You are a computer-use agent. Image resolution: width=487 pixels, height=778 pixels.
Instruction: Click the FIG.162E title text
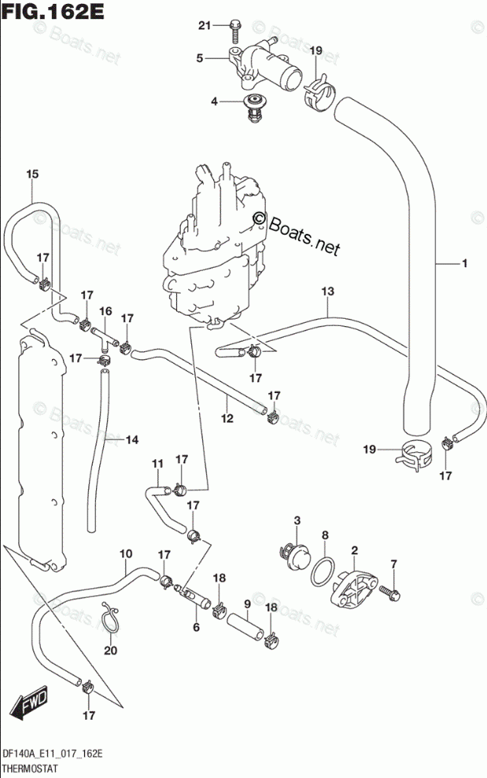[53, 11]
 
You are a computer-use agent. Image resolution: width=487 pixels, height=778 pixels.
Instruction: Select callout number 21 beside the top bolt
[205, 25]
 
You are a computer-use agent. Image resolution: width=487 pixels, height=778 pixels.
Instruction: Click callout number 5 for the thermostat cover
[199, 58]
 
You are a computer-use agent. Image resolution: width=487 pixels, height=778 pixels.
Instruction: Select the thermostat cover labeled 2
[354, 588]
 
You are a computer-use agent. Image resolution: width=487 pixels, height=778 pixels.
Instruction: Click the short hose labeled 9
[245, 627]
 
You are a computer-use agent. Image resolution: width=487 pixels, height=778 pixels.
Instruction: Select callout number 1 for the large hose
[465, 264]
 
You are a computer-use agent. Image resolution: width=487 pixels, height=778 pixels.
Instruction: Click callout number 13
[328, 291]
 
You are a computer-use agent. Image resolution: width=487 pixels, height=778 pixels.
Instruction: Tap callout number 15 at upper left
[32, 174]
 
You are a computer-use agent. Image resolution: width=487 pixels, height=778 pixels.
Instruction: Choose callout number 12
[227, 418]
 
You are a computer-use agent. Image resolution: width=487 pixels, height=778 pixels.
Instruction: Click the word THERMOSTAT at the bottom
[30, 769]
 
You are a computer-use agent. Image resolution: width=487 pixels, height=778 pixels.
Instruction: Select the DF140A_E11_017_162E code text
[53, 754]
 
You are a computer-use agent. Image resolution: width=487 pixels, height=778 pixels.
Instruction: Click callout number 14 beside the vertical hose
[132, 439]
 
